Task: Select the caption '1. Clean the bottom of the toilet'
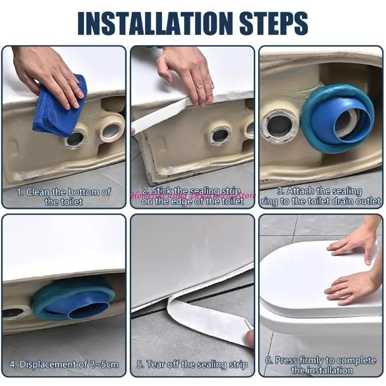64,196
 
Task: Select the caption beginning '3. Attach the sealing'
320,196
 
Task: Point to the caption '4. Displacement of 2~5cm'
64,364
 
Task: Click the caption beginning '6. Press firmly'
320,365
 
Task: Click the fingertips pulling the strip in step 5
249,338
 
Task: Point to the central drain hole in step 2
220,135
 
